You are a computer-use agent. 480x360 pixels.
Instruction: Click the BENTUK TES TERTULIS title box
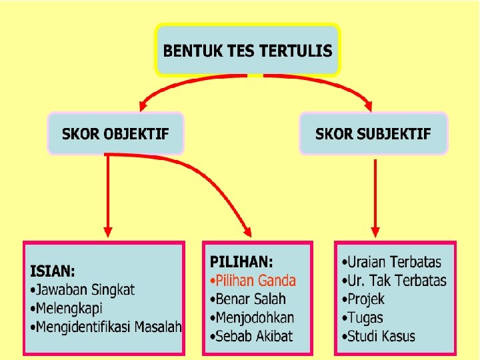click(247, 51)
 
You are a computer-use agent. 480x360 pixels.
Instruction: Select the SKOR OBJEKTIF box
click(115, 133)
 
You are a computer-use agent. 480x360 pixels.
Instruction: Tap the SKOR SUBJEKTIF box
click(373, 133)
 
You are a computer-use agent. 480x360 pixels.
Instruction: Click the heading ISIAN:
click(53, 271)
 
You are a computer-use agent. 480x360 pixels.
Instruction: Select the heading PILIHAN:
click(241, 262)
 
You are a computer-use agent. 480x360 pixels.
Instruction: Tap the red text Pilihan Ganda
click(254, 281)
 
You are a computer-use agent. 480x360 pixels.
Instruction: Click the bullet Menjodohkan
click(253, 317)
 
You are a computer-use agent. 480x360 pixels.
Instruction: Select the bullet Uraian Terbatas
click(391, 262)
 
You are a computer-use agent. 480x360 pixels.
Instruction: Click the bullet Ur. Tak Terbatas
click(393, 281)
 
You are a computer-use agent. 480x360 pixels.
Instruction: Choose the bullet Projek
click(363, 299)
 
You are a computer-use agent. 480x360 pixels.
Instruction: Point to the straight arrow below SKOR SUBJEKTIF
click(375, 197)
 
